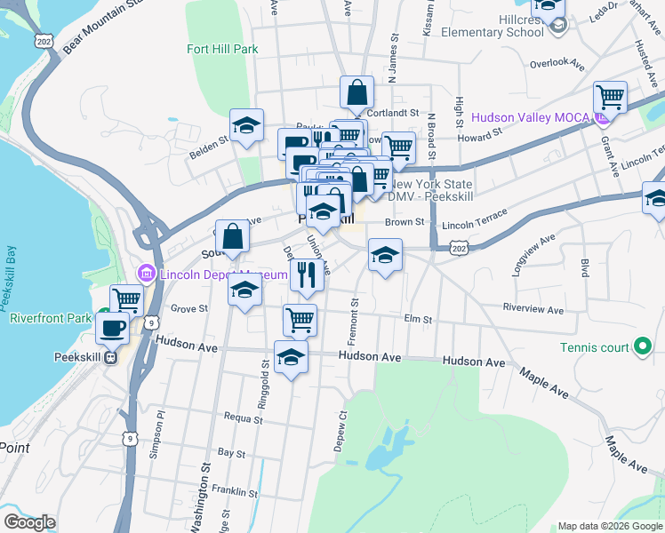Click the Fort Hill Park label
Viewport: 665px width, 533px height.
[222, 49]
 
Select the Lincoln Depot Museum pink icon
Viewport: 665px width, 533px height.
[148, 274]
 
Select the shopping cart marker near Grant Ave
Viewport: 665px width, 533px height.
[611, 98]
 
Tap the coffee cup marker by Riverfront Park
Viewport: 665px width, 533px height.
[112, 328]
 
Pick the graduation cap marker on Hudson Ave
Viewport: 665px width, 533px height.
[291, 357]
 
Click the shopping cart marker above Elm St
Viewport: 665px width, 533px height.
[300, 320]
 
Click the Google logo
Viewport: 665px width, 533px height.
[29, 522]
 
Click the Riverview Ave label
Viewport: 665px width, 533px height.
[533, 310]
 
